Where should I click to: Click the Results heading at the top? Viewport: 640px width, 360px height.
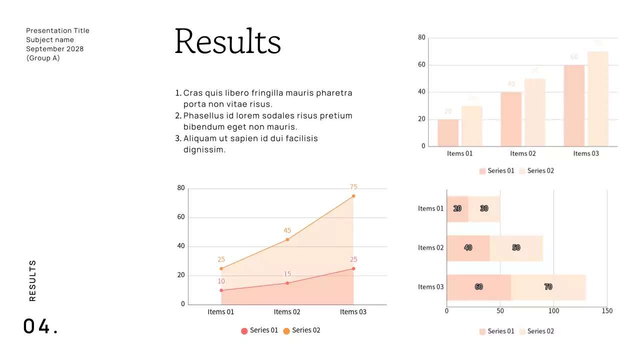227,41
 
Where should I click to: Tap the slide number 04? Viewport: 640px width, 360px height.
40,326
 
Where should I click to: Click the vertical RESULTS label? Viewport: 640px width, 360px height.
33,280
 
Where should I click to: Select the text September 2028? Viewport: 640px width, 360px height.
55,49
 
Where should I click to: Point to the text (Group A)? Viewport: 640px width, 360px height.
43,58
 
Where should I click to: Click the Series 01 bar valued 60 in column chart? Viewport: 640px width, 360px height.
574,105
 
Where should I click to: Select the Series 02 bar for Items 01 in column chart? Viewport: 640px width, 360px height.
471,126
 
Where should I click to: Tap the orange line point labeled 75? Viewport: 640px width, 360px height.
353,196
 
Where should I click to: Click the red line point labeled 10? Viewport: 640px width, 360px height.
221,290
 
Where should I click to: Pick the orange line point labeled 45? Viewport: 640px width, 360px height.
287,239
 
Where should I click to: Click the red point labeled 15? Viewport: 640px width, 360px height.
287,283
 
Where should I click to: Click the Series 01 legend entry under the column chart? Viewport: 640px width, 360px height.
496,171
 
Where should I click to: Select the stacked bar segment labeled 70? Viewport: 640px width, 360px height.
548,287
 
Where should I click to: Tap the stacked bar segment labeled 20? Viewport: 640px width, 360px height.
457,209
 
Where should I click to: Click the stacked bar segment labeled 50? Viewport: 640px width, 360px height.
516,248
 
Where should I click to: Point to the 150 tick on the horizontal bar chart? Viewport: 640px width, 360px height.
607,311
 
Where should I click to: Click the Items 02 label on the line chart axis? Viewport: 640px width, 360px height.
287,312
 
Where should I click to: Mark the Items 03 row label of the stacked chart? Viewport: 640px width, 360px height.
430,287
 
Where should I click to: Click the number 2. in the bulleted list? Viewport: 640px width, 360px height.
178,116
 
